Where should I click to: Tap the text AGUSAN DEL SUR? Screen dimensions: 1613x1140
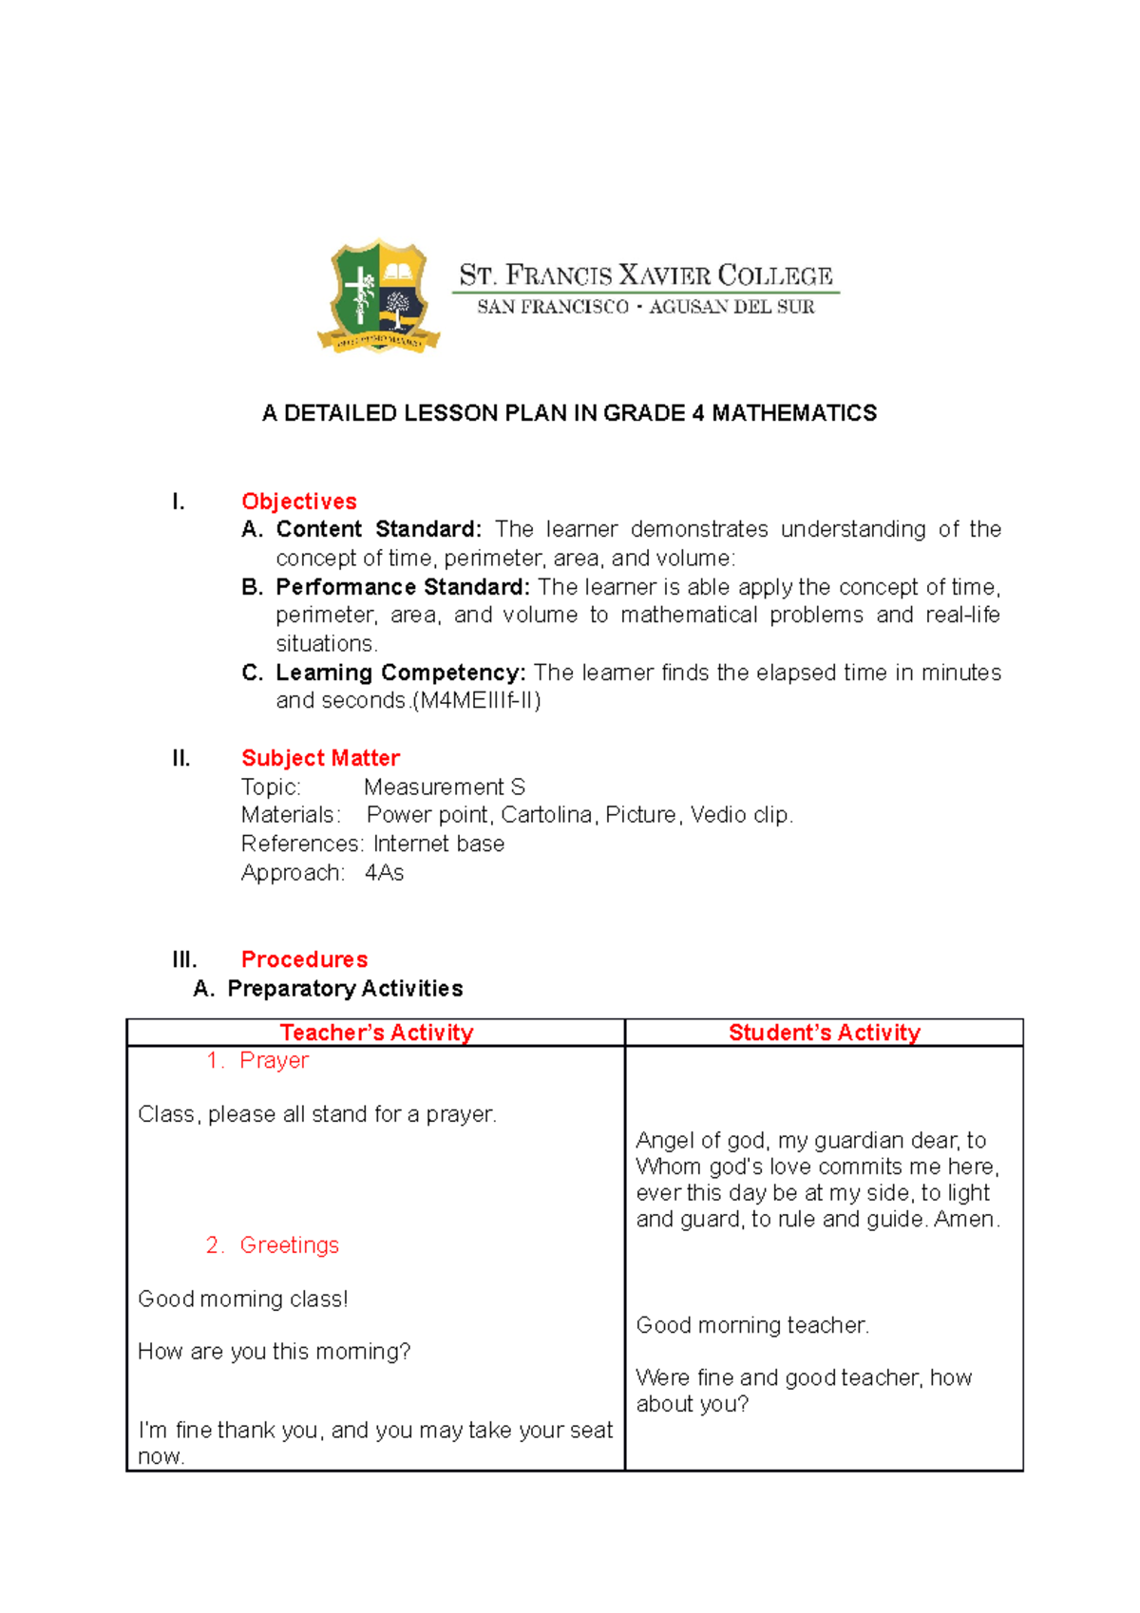pyautogui.click(x=731, y=307)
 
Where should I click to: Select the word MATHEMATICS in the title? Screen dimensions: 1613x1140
pyautogui.click(x=794, y=413)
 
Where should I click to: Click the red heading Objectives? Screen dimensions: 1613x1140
pyautogui.click(x=298, y=502)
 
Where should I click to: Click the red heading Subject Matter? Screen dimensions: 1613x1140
pyautogui.click(x=320, y=758)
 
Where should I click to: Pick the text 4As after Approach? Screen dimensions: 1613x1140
pyautogui.click(x=384, y=873)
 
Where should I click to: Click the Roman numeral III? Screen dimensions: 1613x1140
pyautogui.click(x=184, y=959)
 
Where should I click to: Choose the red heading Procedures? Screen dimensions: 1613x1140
pyautogui.click(x=304, y=959)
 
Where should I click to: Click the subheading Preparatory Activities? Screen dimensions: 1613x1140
pyautogui.click(x=345, y=989)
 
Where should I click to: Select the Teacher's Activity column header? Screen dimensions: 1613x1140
pyautogui.click(x=376, y=1033)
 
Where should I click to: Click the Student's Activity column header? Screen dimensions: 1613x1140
pyautogui.click(x=824, y=1033)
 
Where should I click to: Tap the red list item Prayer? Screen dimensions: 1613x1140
pyautogui.click(x=274, y=1060)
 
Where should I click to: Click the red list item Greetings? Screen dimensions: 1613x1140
pyautogui.click(x=289, y=1245)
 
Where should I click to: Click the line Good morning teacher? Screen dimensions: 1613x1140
pyautogui.click(x=752, y=1325)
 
